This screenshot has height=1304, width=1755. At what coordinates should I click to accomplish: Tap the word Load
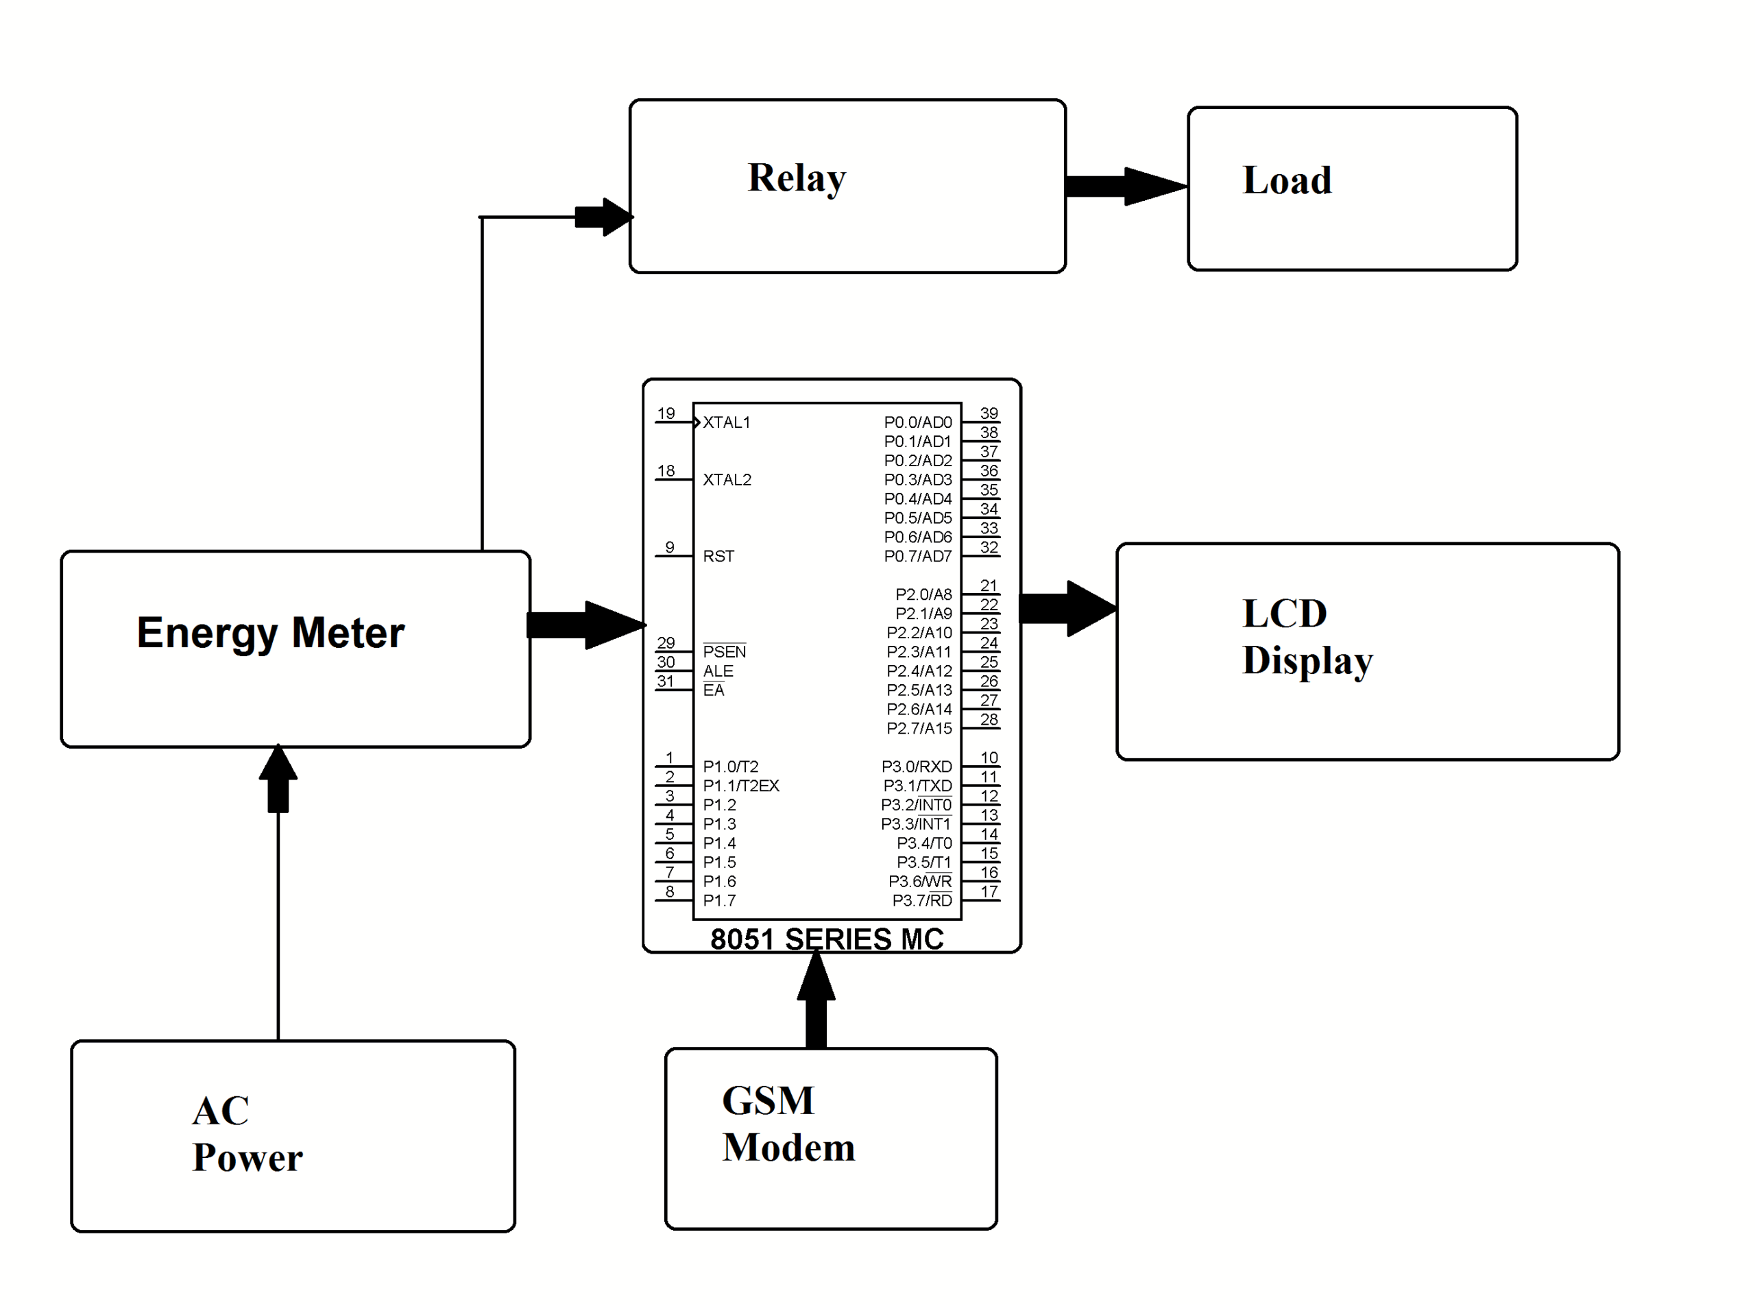coord(1286,181)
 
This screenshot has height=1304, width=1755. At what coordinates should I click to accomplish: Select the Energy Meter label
coord(271,633)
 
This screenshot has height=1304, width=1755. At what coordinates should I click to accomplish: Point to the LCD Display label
coord(1306,636)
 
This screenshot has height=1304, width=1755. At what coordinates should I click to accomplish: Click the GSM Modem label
coord(788,1123)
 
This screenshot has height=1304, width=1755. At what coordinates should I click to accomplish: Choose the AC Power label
coord(246,1133)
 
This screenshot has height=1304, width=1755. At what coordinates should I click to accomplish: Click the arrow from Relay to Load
coord(1126,186)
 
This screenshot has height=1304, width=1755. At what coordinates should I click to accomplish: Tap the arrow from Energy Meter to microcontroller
coord(586,625)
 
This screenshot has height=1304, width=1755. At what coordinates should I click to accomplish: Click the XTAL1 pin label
coord(727,422)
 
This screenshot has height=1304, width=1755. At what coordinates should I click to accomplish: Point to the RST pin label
coord(718,557)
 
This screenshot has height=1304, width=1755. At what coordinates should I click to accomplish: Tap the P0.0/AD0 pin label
coord(917,422)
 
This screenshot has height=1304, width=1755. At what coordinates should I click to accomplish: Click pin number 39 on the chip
coord(989,413)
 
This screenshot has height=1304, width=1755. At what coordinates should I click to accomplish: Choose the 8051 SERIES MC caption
coord(826,939)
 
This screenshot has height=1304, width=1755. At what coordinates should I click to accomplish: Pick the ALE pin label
coord(718,671)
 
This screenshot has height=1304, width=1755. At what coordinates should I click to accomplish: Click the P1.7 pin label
coord(719,901)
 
